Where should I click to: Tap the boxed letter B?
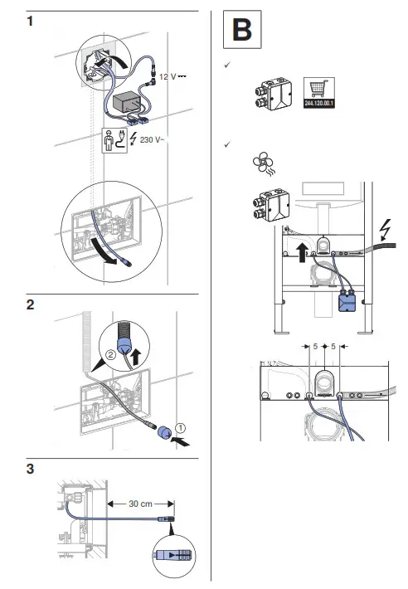click(x=240, y=31)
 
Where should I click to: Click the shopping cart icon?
click(x=318, y=89)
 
